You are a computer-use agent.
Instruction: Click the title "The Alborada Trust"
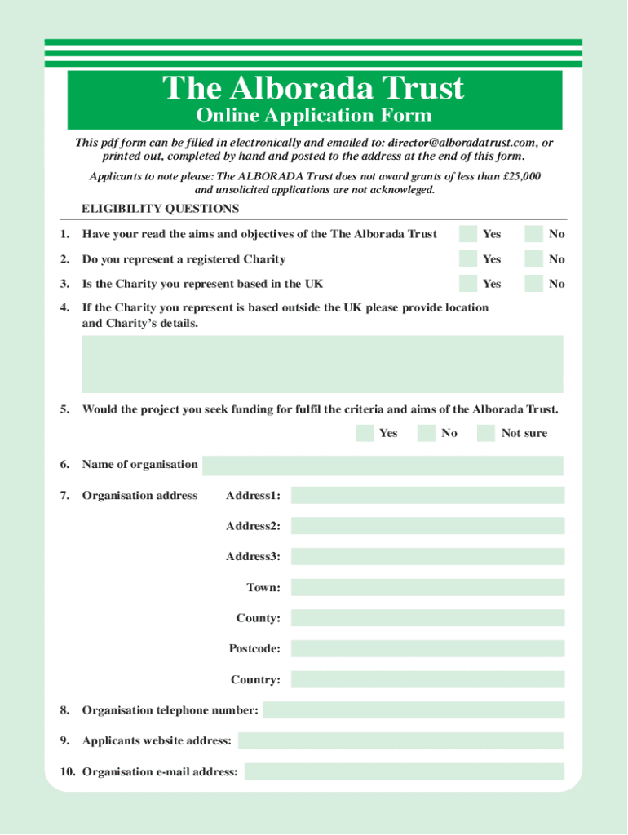click(314, 88)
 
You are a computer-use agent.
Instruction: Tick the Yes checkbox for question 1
click(468, 234)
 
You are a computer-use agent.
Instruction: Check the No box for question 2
click(533, 259)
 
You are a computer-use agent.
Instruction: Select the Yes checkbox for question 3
click(468, 284)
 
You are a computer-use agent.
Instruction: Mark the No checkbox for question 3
click(533, 284)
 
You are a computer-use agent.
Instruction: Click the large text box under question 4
click(322, 364)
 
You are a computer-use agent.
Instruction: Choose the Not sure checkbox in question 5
click(486, 433)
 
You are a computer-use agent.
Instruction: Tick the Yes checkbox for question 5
click(365, 433)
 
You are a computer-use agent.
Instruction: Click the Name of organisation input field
click(383, 465)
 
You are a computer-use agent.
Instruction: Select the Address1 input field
click(427, 496)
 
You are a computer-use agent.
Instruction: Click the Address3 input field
click(427, 557)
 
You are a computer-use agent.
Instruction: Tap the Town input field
click(427, 588)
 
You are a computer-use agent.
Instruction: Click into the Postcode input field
click(427, 649)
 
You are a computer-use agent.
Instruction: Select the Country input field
click(427, 679)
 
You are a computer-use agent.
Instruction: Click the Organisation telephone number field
click(414, 710)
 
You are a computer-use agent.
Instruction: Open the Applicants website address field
click(400, 740)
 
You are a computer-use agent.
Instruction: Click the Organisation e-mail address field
click(404, 771)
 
